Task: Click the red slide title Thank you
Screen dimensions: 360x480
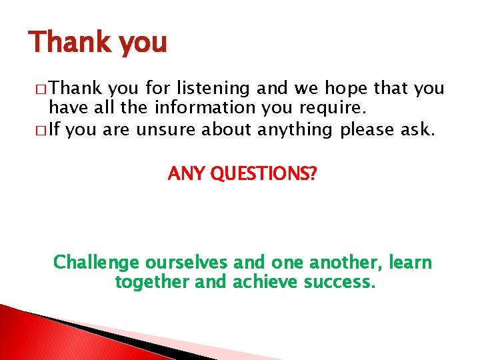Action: tap(97, 43)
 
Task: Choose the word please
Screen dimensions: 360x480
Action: tap(369, 129)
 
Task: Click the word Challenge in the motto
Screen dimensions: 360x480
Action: tap(96, 263)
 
